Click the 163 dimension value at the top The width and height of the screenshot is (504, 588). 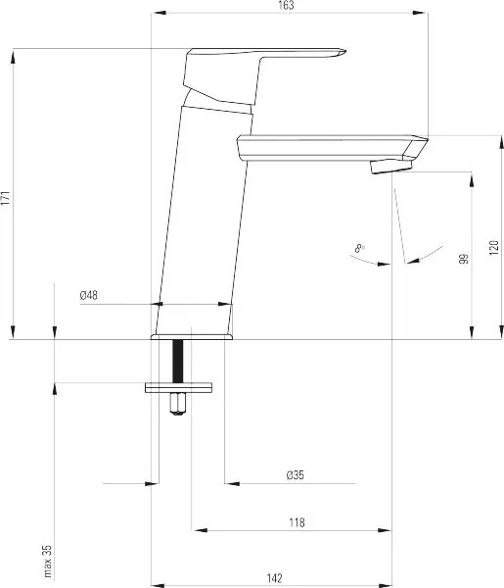click(x=286, y=6)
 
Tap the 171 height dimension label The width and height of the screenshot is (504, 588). click(x=5, y=198)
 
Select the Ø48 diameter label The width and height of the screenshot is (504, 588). click(x=89, y=296)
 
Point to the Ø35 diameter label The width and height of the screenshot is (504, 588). click(x=296, y=475)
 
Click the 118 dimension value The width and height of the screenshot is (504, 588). click(x=297, y=522)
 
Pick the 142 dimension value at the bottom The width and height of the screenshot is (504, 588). click(x=274, y=578)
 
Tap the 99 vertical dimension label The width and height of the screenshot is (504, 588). click(x=464, y=259)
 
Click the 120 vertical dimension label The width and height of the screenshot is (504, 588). click(x=494, y=248)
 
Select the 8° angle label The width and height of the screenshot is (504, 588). click(x=359, y=248)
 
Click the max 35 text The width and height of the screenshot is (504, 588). click(x=48, y=562)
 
